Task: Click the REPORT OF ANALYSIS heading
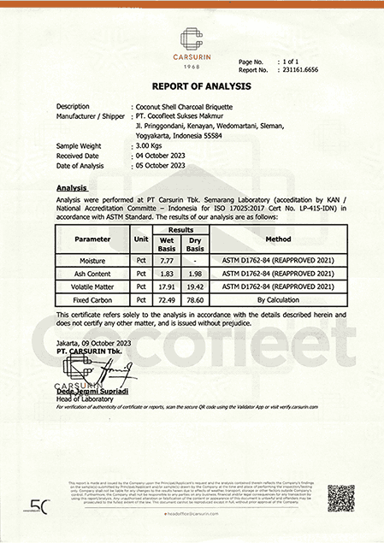tap(191, 86)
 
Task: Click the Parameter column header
tap(92, 239)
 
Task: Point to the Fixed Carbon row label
tap(92, 301)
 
